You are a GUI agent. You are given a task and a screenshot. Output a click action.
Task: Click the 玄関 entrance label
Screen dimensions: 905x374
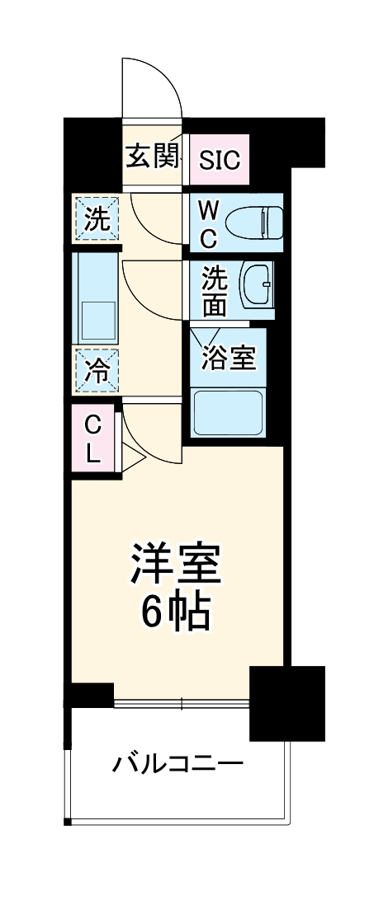[152, 156]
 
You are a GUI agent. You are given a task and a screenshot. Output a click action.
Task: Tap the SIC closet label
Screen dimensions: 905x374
[220, 158]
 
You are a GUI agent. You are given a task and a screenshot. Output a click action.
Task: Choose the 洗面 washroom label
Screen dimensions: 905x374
[215, 290]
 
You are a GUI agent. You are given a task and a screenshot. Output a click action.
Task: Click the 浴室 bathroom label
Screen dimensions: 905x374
[228, 359]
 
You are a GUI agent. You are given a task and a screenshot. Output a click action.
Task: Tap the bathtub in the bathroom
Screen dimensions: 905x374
[227, 411]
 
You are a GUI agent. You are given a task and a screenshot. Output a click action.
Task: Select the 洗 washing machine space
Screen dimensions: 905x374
[97, 220]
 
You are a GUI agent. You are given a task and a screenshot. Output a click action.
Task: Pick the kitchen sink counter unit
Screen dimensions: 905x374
[97, 298]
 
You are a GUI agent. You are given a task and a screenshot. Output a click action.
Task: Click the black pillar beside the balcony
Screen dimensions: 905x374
[286, 701]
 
